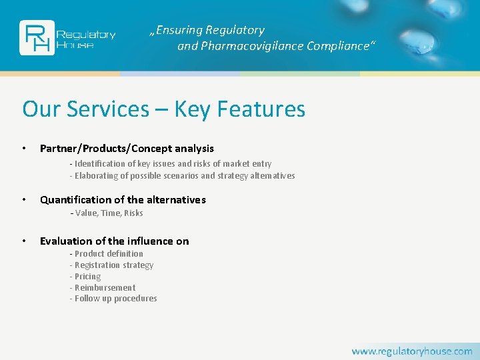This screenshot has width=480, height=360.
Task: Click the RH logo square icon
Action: [37, 38]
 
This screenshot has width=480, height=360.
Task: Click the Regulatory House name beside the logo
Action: [86, 39]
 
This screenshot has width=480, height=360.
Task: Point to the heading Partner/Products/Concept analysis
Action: [127, 148]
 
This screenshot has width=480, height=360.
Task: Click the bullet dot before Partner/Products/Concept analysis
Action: [24, 148]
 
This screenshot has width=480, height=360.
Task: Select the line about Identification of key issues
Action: [172, 163]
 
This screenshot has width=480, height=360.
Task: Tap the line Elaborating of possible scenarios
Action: [183, 176]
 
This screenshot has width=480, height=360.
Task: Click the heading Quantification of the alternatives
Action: [123, 199]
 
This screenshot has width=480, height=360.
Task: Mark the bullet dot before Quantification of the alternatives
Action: [24, 199]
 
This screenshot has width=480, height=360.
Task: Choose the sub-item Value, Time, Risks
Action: [107, 213]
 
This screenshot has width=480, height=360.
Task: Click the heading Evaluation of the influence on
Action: [114, 241]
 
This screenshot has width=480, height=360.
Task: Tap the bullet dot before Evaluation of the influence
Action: [24, 241]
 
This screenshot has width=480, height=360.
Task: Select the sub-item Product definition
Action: [107, 254]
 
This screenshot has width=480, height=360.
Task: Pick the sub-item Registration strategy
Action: [113, 265]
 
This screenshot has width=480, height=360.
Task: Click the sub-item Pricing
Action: [87, 277]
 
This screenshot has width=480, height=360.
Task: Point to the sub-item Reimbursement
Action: [104, 288]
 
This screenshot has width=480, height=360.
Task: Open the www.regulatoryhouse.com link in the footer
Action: [411, 351]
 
